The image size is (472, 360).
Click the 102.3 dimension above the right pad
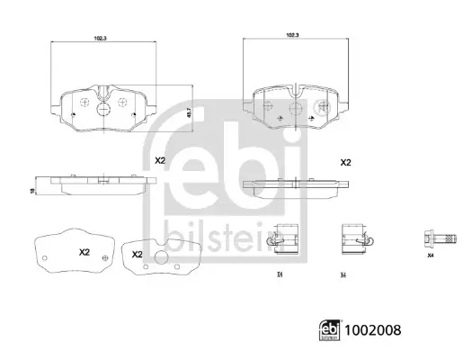[x=291, y=34]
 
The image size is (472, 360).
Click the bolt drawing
[x=430, y=240]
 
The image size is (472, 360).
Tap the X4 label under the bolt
[x=430, y=258]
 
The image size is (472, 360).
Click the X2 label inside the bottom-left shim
[x=85, y=251]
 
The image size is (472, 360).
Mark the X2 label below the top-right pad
[x=344, y=163]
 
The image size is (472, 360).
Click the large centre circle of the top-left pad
[x=102, y=109]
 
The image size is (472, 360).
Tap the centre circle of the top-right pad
[x=294, y=107]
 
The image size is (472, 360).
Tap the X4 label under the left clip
[x=281, y=274]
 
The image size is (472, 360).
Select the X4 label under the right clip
[x=343, y=274]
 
